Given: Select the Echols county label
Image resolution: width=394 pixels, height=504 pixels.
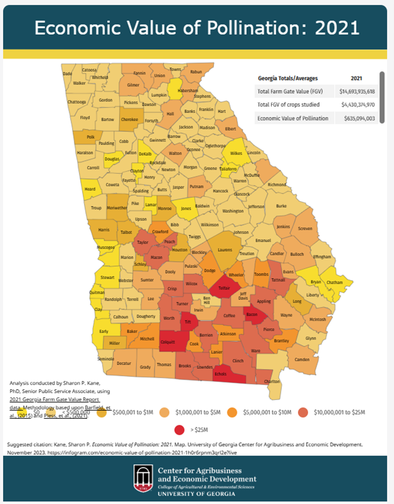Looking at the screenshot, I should click(220, 374).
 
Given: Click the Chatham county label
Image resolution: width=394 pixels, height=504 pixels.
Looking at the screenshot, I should click(334, 283).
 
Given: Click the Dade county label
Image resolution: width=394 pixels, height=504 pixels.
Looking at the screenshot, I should click(68, 74).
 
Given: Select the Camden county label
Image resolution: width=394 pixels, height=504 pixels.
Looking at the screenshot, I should click(302, 360).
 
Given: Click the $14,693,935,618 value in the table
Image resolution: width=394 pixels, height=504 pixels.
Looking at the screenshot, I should click(357, 91).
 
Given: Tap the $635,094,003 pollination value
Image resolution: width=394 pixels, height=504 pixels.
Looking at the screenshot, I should click(357, 118).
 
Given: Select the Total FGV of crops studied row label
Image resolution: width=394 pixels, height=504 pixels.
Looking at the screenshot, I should click(289, 105).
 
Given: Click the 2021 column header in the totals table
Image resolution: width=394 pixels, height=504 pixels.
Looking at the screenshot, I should click(356, 78).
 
